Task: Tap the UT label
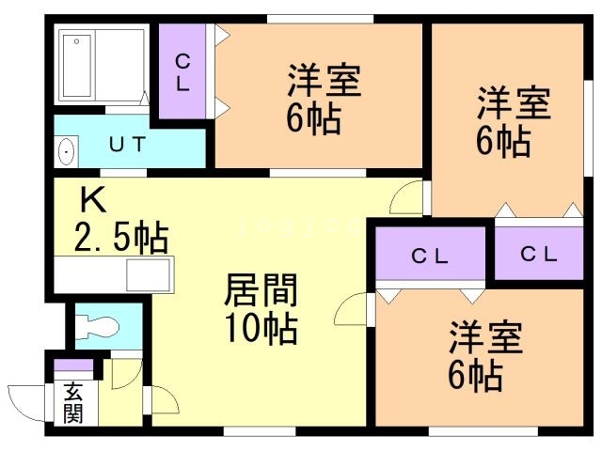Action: [127, 145]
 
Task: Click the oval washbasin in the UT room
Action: [67, 150]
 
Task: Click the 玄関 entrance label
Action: [72, 403]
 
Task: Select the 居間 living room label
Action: [260, 293]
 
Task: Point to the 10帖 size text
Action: [261, 329]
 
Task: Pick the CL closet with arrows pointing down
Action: [429, 256]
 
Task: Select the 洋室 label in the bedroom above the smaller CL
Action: [513, 104]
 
